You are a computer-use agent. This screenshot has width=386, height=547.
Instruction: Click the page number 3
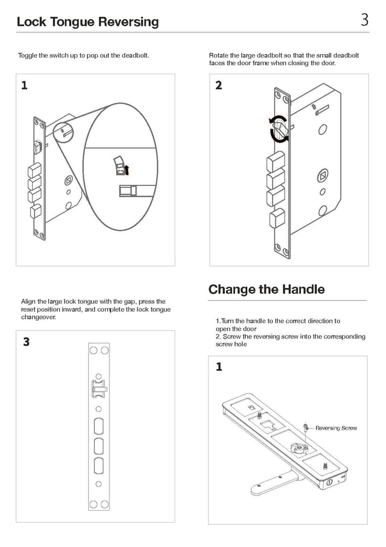364,20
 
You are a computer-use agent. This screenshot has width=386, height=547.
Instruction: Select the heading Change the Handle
267,289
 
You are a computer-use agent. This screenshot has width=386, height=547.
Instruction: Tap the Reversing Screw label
336,428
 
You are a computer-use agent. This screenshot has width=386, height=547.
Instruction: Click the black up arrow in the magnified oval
127,170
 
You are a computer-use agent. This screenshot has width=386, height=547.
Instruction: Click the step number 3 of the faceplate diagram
26,341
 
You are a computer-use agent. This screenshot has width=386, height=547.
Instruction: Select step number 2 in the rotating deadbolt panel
218,85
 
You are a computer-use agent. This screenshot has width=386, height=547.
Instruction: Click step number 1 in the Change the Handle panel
219,367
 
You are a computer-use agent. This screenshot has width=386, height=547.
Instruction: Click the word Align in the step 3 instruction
28,302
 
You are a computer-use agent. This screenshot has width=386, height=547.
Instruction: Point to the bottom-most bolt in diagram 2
277,218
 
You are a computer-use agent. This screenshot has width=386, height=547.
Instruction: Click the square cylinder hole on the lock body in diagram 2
323,175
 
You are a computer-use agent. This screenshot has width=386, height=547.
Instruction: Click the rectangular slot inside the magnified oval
133,191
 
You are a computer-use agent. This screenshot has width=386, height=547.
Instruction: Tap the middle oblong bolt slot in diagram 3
99,446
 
